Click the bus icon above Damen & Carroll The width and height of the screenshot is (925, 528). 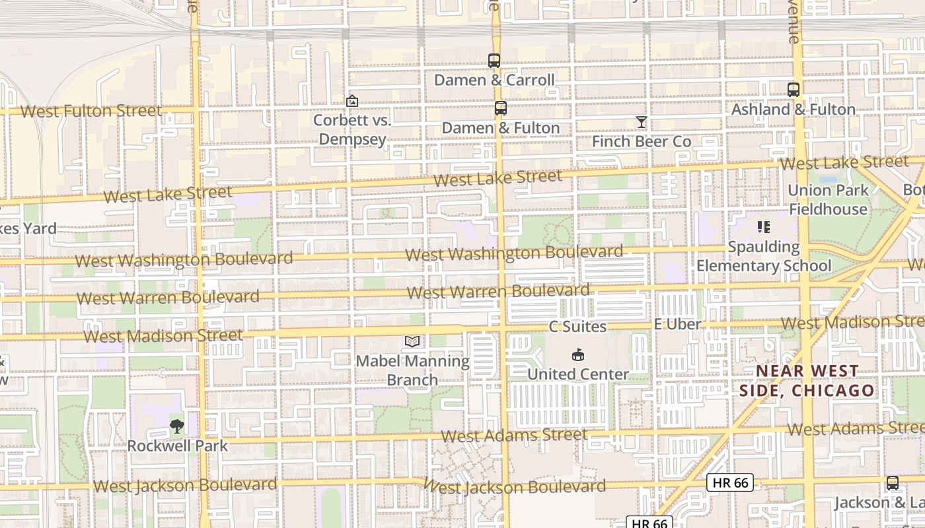tap(494, 61)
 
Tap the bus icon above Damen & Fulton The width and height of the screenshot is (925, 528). tap(501, 108)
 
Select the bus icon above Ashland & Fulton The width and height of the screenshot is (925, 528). tap(794, 90)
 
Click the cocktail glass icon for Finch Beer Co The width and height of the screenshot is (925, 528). tap(641, 122)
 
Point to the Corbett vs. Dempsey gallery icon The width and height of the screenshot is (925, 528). tap(352, 101)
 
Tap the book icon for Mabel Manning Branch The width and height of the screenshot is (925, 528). tap(412, 341)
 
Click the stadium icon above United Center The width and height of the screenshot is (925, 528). tap(578, 354)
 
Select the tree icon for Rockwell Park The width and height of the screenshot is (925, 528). tap(177, 426)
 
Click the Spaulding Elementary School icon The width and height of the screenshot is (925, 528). tap(764, 228)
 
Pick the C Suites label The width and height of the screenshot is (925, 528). tap(577, 327)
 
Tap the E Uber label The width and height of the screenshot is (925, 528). tap(677, 324)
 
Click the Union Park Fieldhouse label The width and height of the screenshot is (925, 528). tap(828, 200)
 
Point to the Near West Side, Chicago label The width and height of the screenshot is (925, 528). tap(807, 381)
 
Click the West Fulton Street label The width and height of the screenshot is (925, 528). tap(91, 111)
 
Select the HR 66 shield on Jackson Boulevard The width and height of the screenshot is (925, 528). tap(730, 482)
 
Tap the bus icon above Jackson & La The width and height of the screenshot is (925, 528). tap(893, 483)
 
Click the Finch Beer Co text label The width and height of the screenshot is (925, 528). tap(642, 141)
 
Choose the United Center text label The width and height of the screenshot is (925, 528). tap(578, 374)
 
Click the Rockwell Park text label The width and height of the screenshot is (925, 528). tap(177, 445)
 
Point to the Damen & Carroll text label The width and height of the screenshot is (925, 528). tap(494, 81)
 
